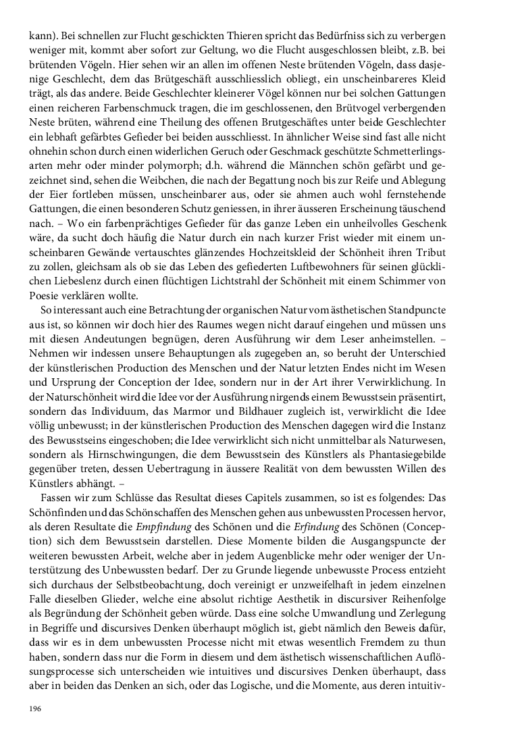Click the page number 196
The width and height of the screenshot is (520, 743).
[34, 708]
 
